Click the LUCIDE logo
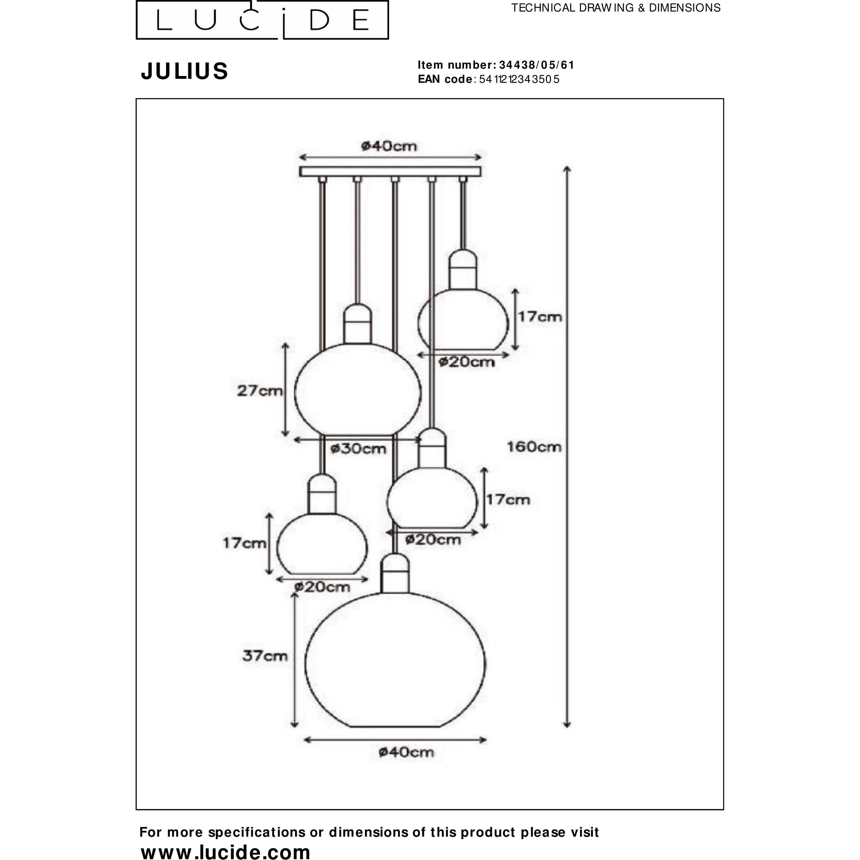point(262,20)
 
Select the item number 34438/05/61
point(536,65)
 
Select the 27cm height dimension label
point(259,391)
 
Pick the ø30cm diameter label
point(358,449)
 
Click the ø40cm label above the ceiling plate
point(389,146)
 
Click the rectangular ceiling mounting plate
point(390,172)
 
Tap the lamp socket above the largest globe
point(395,573)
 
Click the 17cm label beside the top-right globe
point(540,317)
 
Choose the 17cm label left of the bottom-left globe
point(245,543)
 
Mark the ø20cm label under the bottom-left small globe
point(322,587)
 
